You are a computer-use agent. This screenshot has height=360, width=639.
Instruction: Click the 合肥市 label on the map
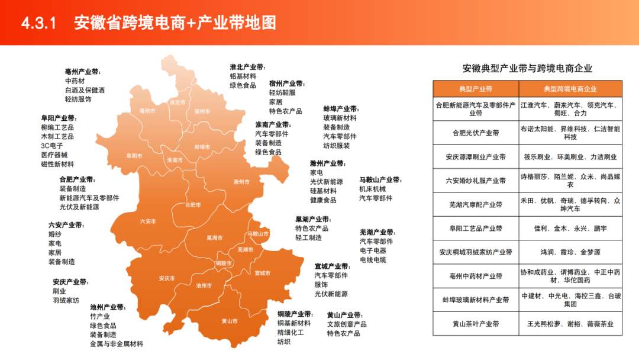coord(193,205)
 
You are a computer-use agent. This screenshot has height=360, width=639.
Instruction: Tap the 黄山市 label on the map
coord(230,321)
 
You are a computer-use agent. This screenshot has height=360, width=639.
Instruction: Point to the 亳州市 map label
coord(147,111)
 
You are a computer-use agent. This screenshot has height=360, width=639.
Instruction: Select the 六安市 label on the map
coord(148,221)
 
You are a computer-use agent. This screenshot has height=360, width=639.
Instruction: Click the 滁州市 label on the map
coord(241,181)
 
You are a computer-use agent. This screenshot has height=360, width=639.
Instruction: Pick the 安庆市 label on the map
coord(167,278)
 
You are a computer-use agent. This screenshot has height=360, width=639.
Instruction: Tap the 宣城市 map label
coord(262,273)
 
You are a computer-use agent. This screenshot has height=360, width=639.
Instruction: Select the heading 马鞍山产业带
coord(380,180)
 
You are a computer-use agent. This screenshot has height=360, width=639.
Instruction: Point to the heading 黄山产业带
coord(344,315)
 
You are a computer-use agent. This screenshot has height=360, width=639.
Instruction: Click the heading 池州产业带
coord(107,307)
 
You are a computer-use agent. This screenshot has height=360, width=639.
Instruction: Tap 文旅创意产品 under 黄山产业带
coord(347,324)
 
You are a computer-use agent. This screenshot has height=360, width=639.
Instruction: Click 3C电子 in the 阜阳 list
coord(52,146)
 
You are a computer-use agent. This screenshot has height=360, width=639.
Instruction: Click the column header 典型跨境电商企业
coord(570,89)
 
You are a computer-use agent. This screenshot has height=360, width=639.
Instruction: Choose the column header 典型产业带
coord(476,89)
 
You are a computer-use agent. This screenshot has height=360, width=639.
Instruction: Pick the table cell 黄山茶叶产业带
coord(476,324)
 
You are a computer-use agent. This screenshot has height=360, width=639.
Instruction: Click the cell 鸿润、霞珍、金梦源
coord(570,252)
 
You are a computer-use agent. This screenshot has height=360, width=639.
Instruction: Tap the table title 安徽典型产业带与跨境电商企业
coord(527,69)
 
